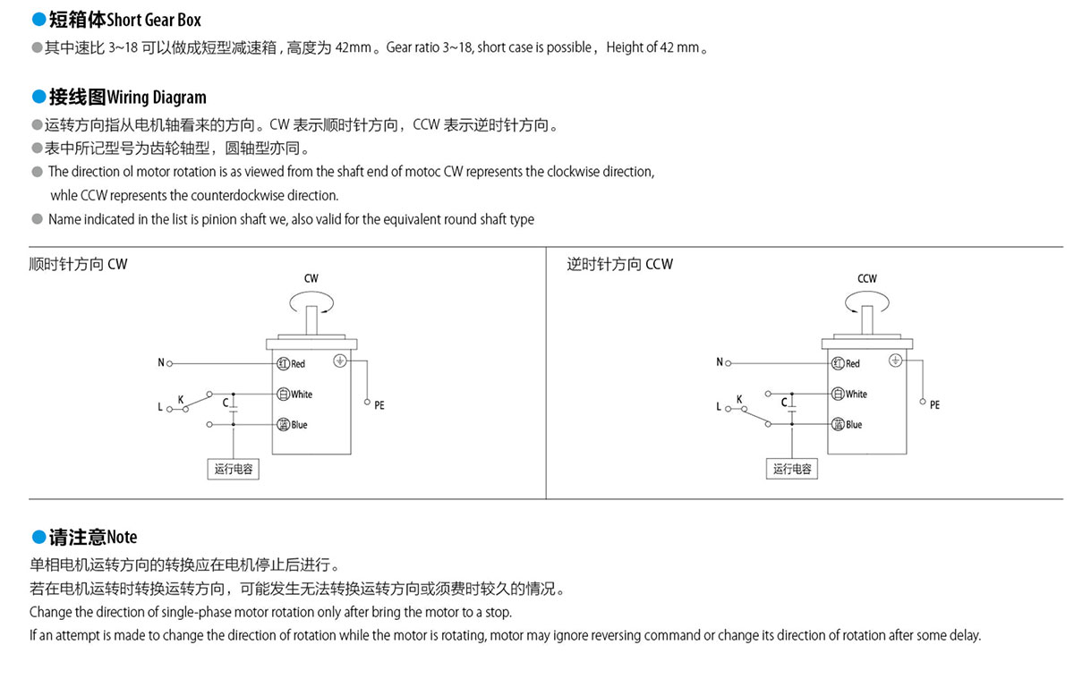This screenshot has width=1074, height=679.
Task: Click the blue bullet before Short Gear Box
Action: click(x=38, y=19)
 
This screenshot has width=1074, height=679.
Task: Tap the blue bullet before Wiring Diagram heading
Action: click(x=38, y=97)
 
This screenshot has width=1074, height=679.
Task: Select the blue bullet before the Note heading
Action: click(x=38, y=537)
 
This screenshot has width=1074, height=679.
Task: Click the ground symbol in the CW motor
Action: click(x=340, y=361)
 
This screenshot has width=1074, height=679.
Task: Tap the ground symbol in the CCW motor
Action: click(x=895, y=361)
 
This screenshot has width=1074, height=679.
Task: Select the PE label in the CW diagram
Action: click(x=379, y=405)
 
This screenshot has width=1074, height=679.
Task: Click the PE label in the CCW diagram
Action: click(x=934, y=405)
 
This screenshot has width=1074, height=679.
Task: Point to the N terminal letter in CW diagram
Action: click(x=161, y=362)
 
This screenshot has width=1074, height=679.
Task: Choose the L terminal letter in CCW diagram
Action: click(x=718, y=406)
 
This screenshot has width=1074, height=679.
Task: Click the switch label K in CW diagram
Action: click(x=181, y=399)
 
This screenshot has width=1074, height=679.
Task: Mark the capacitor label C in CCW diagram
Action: click(x=784, y=403)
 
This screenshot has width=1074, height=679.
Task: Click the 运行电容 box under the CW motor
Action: click(x=233, y=469)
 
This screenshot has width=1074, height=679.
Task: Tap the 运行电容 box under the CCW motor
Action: click(x=791, y=469)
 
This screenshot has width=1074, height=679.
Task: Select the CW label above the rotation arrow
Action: click(x=311, y=278)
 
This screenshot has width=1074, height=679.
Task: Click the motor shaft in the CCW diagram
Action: click(x=867, y=319)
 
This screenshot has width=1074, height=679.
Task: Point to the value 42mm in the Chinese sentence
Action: click(x=354, y=47)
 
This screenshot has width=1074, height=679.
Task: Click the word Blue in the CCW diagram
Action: click(x=854, y=425)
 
